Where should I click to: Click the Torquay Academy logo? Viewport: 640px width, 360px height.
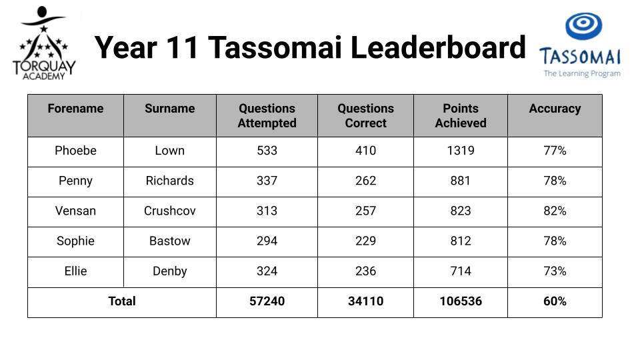pos(44,43)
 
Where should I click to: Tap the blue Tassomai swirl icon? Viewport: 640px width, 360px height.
pos(583,26)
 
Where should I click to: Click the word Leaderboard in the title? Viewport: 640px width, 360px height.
pos(438,47)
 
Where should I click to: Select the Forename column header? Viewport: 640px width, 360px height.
pos(75,109)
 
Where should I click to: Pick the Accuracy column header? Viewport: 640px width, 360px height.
pos(555,109)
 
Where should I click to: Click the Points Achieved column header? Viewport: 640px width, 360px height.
pos(461,115)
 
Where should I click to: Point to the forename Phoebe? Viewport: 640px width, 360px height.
pos(75,151)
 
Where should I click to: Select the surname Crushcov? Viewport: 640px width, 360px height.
pos(170,211)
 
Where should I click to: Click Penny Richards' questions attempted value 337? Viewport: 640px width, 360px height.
pos(267,181)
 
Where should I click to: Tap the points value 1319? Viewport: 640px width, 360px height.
pos(461,151)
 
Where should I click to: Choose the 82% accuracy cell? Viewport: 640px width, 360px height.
pos(555,211)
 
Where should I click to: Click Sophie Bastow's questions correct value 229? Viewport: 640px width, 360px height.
pos(366,241)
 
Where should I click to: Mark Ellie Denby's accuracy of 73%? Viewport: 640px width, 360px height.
pos(555,271)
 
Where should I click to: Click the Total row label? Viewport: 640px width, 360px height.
pos(121,301)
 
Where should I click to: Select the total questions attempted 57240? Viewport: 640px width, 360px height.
pos(267,301)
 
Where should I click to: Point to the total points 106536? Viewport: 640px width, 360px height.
pos(461,301)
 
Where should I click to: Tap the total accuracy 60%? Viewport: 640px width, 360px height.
pos(555,301)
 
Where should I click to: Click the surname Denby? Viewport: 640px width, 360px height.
pos(170,271)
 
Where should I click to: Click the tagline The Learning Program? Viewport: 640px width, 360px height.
pos(582,74)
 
